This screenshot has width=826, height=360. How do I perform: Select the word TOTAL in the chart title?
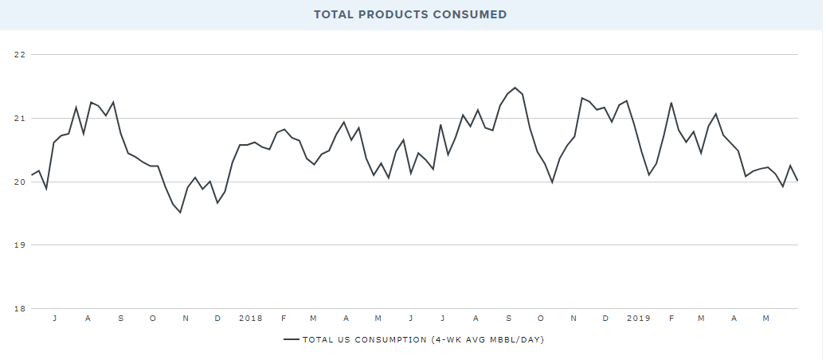pyautogui.click(x=332, y=14)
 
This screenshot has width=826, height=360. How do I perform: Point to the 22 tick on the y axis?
pyautogui.click(x=20, y=55)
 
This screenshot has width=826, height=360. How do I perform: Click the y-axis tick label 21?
pyautogui.click(x=20, y=119)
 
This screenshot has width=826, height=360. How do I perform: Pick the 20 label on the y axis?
pyautogui.click(x=20, y=182)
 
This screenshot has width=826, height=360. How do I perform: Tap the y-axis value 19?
pyautogui.click(x=20, y=245)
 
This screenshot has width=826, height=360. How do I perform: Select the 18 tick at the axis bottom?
pyautogui.click(x=20, y=309)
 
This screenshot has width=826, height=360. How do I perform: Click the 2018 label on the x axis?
pyautogui.click(x=251, y=319)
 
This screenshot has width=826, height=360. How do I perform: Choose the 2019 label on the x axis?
pyautogui.click(x=638, y=319)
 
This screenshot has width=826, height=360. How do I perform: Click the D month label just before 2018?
pyautogui.click(x=217, y=319)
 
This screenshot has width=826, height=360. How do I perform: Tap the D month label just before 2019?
pyautogui.click(x=605, y=319)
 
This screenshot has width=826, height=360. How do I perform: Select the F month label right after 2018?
pyautogui.click(x=284, y=319)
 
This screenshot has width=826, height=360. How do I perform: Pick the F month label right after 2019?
pyautogui.click(x=671, y=319)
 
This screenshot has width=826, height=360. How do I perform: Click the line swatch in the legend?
pyautogui.click(x=291, y=340)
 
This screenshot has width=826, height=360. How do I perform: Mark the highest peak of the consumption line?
pyautogui.click(x=515, y=88)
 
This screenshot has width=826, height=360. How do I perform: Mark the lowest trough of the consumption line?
pyautogui.click(x=180, y=213)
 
